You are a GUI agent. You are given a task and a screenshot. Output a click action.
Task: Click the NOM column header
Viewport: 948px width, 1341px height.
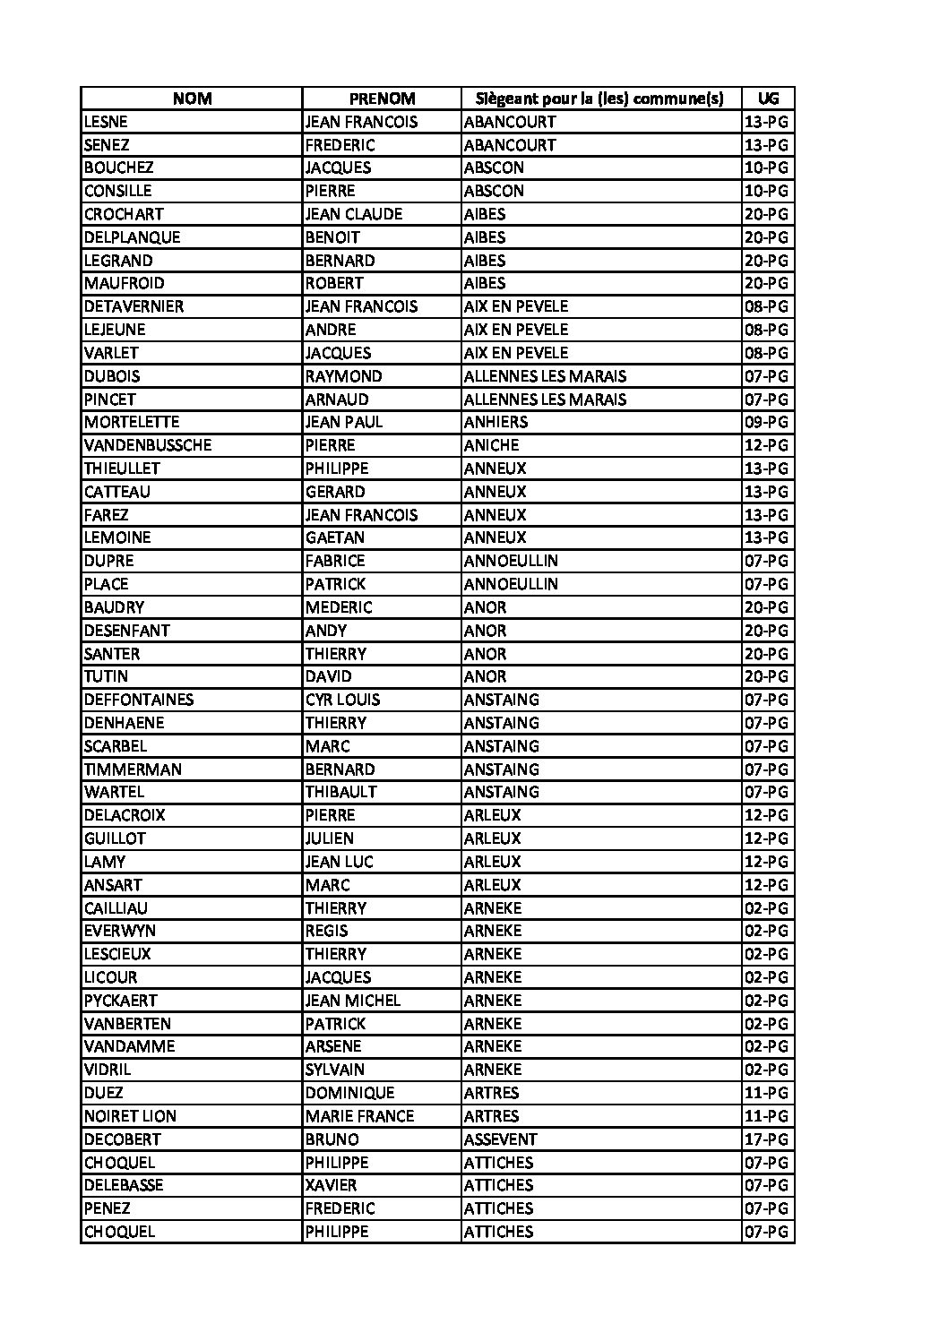(192, 99)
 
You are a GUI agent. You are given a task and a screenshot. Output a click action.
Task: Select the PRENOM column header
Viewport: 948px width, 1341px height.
(382, 99)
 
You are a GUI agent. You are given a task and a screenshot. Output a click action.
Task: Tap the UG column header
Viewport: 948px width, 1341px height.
(768, 99)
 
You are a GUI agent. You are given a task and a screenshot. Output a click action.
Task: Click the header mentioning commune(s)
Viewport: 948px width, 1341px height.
(600, 99)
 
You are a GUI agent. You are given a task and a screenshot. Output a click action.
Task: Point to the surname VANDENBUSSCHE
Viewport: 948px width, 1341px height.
(148, 445)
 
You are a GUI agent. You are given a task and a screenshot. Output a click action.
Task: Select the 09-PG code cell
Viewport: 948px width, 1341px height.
(766, 422)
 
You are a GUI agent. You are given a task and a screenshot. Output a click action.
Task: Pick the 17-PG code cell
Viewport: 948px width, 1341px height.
(766, 1139)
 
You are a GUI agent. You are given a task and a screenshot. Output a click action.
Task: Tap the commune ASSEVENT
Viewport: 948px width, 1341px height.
(500, 1139)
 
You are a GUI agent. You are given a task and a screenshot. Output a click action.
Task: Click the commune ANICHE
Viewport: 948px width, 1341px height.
(491, 445)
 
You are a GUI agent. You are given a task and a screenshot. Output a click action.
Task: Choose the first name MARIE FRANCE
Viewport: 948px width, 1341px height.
(359, 1116)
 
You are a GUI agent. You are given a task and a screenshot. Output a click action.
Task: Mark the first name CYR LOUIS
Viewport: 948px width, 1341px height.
(342, 700)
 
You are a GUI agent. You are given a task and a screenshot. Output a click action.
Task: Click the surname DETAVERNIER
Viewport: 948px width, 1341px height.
(134, 306)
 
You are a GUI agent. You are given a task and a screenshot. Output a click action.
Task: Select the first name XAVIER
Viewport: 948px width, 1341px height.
(331, 1185)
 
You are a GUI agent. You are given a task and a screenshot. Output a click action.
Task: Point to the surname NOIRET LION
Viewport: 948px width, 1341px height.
(130, 1116)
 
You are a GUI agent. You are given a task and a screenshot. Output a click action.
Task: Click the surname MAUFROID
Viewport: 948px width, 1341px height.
(124, 283)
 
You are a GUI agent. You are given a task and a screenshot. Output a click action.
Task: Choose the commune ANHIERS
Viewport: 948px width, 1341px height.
(496, 422)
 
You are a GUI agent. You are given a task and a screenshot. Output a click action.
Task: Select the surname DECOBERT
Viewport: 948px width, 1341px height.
(122, 1139)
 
